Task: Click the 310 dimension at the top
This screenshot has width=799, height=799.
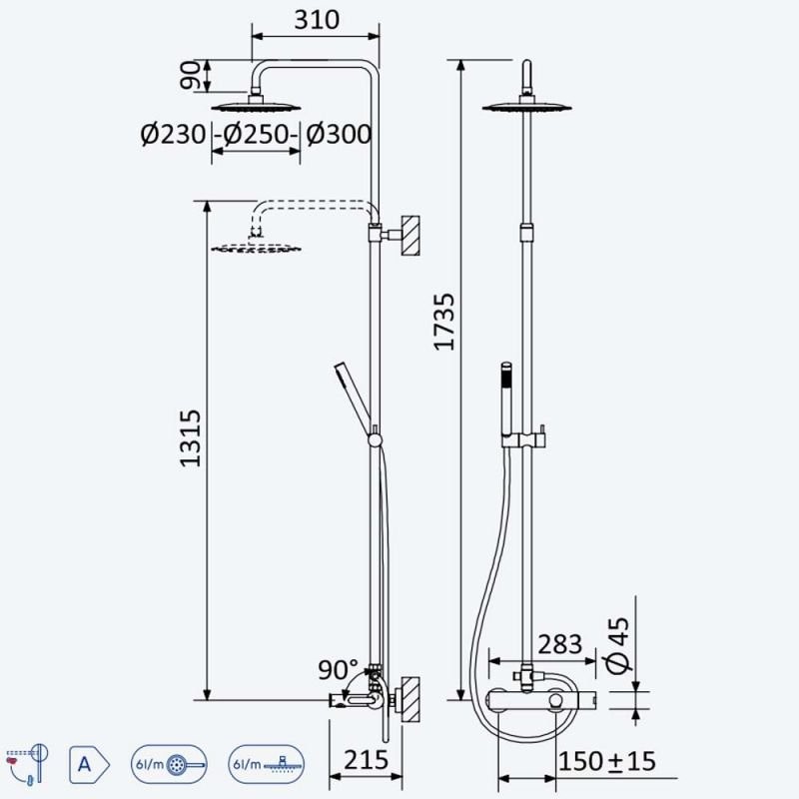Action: point(317,19)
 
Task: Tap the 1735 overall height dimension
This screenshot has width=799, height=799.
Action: point(443,322)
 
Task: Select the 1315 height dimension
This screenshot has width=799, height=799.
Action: point(191,438)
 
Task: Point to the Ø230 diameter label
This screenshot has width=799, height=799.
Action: point(173,135)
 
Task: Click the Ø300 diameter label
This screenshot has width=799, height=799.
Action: point(339,135)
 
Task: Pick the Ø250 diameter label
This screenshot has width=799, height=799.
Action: point(257,135)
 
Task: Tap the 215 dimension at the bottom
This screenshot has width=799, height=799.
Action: point(366,760)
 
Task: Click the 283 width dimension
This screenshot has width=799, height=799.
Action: point(560,644)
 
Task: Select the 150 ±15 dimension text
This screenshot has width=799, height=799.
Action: point(607,761)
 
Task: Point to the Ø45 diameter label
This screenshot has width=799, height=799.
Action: point(619,645)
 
